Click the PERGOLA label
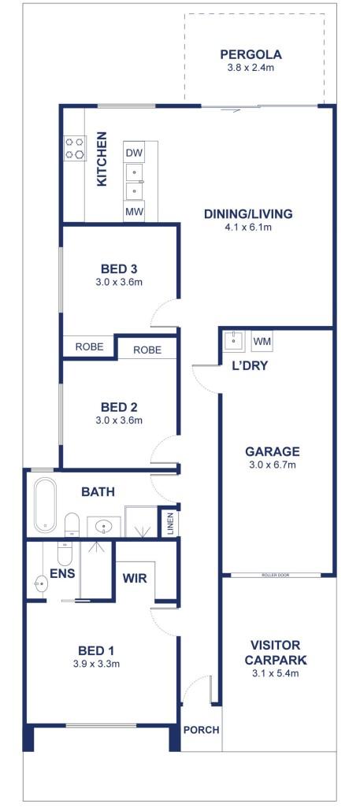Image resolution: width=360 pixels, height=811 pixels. [x=251, y=54]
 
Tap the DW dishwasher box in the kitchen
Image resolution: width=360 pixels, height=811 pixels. [x=134, y=153]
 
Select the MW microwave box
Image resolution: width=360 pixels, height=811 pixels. [x=134, y=212]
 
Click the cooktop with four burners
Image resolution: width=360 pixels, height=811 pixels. [x=75, y=148]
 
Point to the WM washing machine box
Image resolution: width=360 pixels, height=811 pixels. [x=262, y=341]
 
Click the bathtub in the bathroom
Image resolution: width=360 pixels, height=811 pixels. [x=45, y=505]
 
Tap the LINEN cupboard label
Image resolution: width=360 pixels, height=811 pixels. [x=170, y=524]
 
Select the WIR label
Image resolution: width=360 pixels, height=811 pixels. [x=135, y=578]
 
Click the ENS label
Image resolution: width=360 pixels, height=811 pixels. [x=62, y=573]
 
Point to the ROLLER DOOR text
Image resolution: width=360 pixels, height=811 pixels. [x=276, y=575]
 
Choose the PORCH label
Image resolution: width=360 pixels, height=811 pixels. [x=202, y=730]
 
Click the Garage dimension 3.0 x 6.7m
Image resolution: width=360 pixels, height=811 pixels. [x=272, y=465]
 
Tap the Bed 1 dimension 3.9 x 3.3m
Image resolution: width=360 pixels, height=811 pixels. [x=97, y=664]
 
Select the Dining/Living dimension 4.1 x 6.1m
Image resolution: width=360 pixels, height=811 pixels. [x=248, y=227]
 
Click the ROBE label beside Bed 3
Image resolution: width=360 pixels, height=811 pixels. [x=90, y=346]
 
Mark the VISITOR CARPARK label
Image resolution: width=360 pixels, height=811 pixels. [x=275, y=653]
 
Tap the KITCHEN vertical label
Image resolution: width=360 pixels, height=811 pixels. [x=102, y=159]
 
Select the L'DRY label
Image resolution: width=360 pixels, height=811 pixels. [x=249, y=365]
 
